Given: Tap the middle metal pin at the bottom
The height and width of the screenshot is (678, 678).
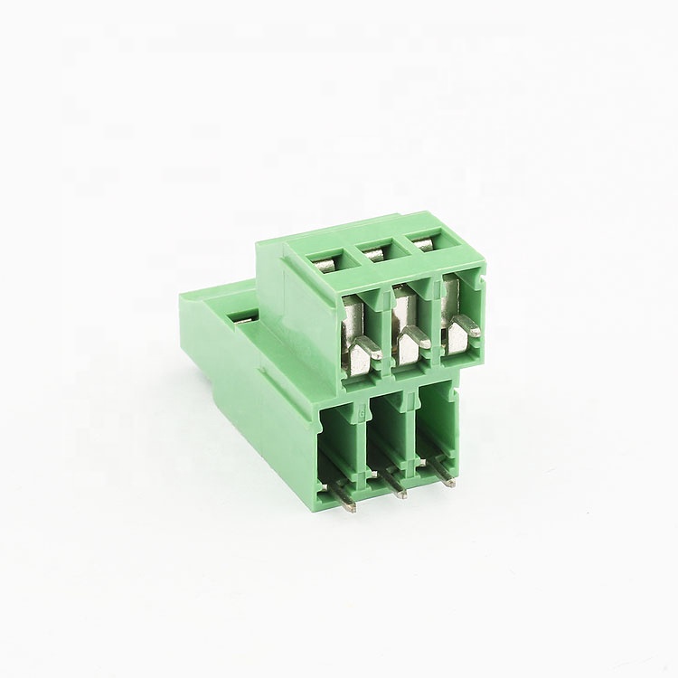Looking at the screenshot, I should point(398,489).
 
